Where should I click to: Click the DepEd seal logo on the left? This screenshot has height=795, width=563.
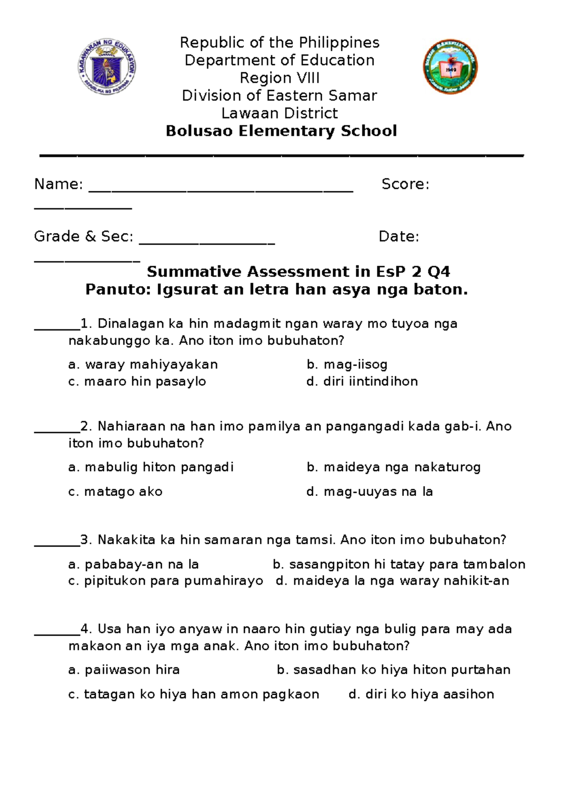107,67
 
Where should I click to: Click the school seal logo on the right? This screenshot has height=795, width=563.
450,67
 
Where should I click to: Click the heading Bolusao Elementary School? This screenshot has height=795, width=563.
281,131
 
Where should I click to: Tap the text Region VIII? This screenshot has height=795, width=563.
280,78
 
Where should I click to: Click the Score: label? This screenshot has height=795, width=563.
405,184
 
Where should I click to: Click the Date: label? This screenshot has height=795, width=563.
399,236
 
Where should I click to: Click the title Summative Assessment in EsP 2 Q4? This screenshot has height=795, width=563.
298,271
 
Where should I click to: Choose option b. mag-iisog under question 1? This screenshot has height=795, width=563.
347,364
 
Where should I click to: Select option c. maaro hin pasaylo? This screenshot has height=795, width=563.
137,382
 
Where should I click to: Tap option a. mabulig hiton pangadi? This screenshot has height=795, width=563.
151,467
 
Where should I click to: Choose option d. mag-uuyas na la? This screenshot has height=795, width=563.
369,492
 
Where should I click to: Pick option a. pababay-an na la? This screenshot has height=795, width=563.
133,564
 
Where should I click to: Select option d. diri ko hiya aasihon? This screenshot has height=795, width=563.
421,694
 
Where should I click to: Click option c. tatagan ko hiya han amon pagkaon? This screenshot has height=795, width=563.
193,694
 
